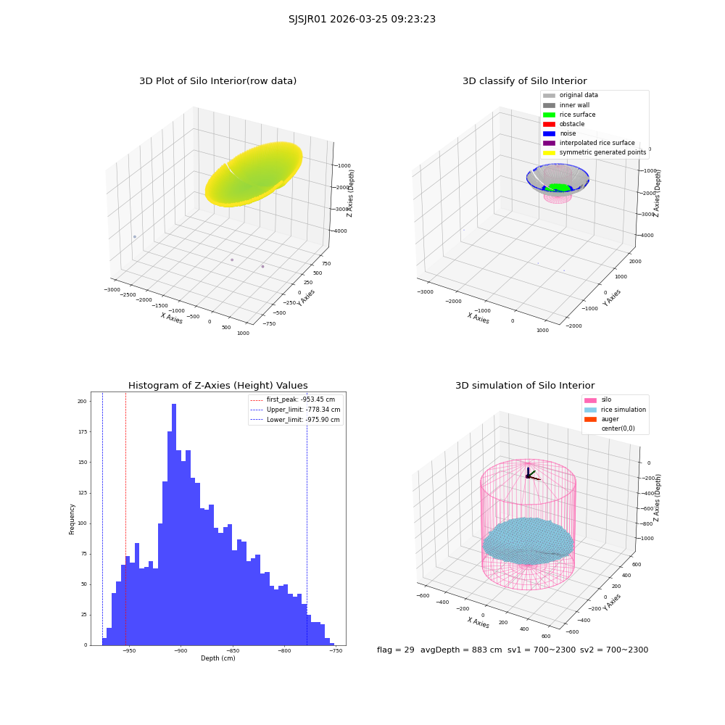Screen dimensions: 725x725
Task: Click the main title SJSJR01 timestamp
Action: [362, 19]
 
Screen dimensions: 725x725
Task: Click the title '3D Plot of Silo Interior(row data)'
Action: [217, 81]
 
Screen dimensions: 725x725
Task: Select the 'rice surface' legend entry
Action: [569, 115]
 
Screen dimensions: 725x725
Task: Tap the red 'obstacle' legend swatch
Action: [549, 124]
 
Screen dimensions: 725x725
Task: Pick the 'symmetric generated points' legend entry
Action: [594, 152]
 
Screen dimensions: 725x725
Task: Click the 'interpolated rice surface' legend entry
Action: [589, 143]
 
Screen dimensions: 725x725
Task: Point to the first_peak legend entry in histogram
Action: [293, 399]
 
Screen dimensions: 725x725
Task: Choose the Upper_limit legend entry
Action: [295, 410]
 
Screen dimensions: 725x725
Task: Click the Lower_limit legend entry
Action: [295, 420]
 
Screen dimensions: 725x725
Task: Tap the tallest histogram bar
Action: [174, 524]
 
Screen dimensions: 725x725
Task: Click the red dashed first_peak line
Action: [125, 518]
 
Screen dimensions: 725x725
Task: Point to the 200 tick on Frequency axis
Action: [82, 402]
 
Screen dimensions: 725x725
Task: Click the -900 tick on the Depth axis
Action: [181, 650]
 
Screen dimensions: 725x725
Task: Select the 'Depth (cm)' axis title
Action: [218, 658]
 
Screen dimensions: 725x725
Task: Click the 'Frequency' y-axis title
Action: [72, 519]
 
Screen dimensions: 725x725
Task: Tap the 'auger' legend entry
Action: [602, 419]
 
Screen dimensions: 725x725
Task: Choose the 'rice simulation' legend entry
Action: [615, 410]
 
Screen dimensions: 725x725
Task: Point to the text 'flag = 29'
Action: [396, 650]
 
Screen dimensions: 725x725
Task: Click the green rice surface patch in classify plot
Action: [558, 187]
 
